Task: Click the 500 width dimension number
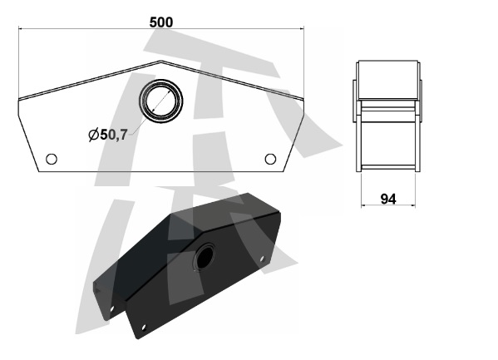pos(161,22)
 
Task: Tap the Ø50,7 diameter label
pos(108,135)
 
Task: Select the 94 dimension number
pos(388,199)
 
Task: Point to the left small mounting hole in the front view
pos(52,159)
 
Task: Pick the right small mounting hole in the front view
pos(270,159)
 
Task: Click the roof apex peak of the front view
pos(160,61)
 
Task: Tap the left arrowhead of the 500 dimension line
pos(21,28)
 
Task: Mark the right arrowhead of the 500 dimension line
pos(302,28)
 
